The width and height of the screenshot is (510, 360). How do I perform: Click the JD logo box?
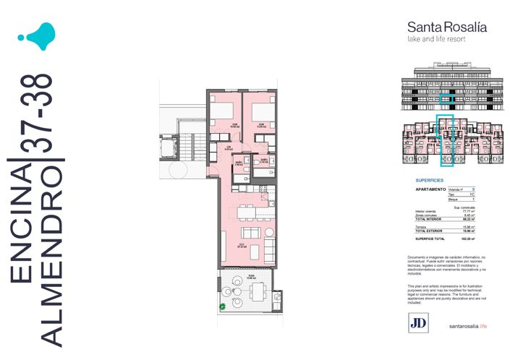point(417,325)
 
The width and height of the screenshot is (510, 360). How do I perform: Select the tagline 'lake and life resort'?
point(437,39)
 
